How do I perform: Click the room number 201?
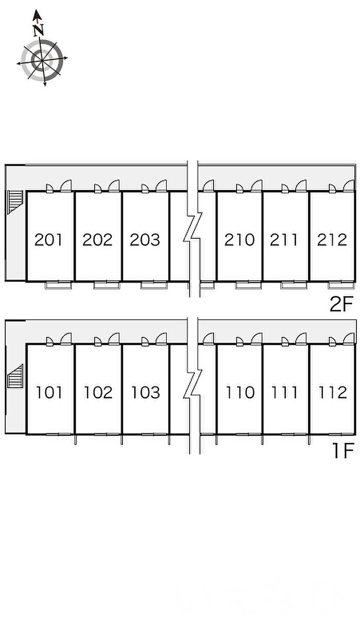tap(48, 240)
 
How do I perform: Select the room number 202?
tap(98, 240)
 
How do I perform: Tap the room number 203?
tap(145, 240)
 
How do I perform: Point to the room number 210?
tap(239, 240)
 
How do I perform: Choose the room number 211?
tap(284, 240)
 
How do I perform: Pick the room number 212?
tap(332, 240)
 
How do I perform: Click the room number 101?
tap(49, 393)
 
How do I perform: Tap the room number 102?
tap(98, 393)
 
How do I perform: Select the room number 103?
tap(146, 393)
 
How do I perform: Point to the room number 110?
tap(240, 393)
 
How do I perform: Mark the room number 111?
tap(285, 393)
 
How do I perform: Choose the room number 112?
tap(333, 393)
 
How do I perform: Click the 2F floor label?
tap(341, 304)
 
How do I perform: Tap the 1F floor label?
tap(343, 451)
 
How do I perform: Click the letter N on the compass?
tap(39, 30)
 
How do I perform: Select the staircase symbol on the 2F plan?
tap(15, 202)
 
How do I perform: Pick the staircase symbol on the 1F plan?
tap(15, 376)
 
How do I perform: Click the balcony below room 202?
tap(106, 285)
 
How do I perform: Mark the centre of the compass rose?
tap(42, 60)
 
